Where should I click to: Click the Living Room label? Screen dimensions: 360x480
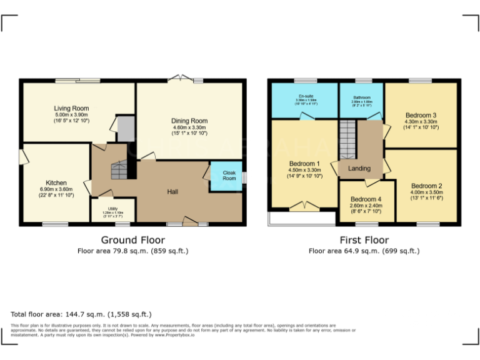click(71, 108)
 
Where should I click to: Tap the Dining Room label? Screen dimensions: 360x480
click(189, 121)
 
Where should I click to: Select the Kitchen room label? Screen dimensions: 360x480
click(56, 183)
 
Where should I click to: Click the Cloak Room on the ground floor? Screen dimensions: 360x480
click(229, 174)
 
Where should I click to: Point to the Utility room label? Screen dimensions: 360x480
click(112, 209)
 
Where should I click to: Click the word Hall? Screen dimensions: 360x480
click(173, 191)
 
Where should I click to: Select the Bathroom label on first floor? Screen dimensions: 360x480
click(361, 97)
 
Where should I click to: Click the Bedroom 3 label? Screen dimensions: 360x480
click(421, 115)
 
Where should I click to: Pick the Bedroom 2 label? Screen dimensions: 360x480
click(426, 186)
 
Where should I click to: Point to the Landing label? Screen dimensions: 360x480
click(359, 168)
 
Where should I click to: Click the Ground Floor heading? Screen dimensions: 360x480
click(133, 240)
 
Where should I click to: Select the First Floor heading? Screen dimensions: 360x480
click(364, 240)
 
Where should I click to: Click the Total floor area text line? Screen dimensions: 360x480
click(81, 314)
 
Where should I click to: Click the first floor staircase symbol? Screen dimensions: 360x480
click(347, 139)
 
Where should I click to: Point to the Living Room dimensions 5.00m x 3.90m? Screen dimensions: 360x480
click(71, 115)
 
